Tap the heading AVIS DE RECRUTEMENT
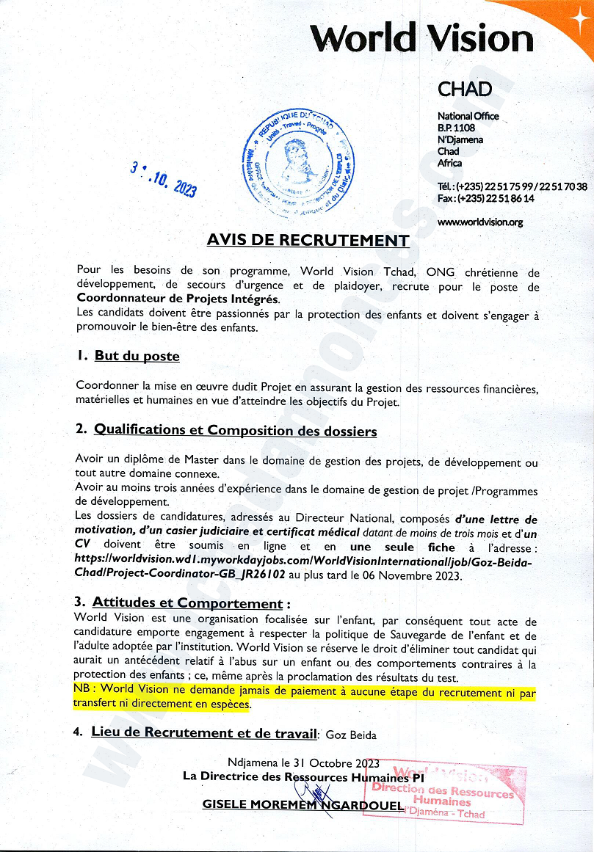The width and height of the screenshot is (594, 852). (308, 240)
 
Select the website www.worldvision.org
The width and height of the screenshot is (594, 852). (479, 222)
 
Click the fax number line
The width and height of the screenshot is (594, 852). (485, 198)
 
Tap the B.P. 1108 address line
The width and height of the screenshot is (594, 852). (457, 128)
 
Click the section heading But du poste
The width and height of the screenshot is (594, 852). (137, 356)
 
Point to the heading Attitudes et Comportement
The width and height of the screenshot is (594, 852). (187, 604)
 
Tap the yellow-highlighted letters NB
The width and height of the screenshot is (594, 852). (83, 689)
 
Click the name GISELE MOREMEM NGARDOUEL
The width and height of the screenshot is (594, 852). (303, 805)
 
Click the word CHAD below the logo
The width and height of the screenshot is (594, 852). (464, 90)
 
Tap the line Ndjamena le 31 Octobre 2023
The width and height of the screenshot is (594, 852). (303, 762)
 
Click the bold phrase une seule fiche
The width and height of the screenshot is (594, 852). (402, 547)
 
